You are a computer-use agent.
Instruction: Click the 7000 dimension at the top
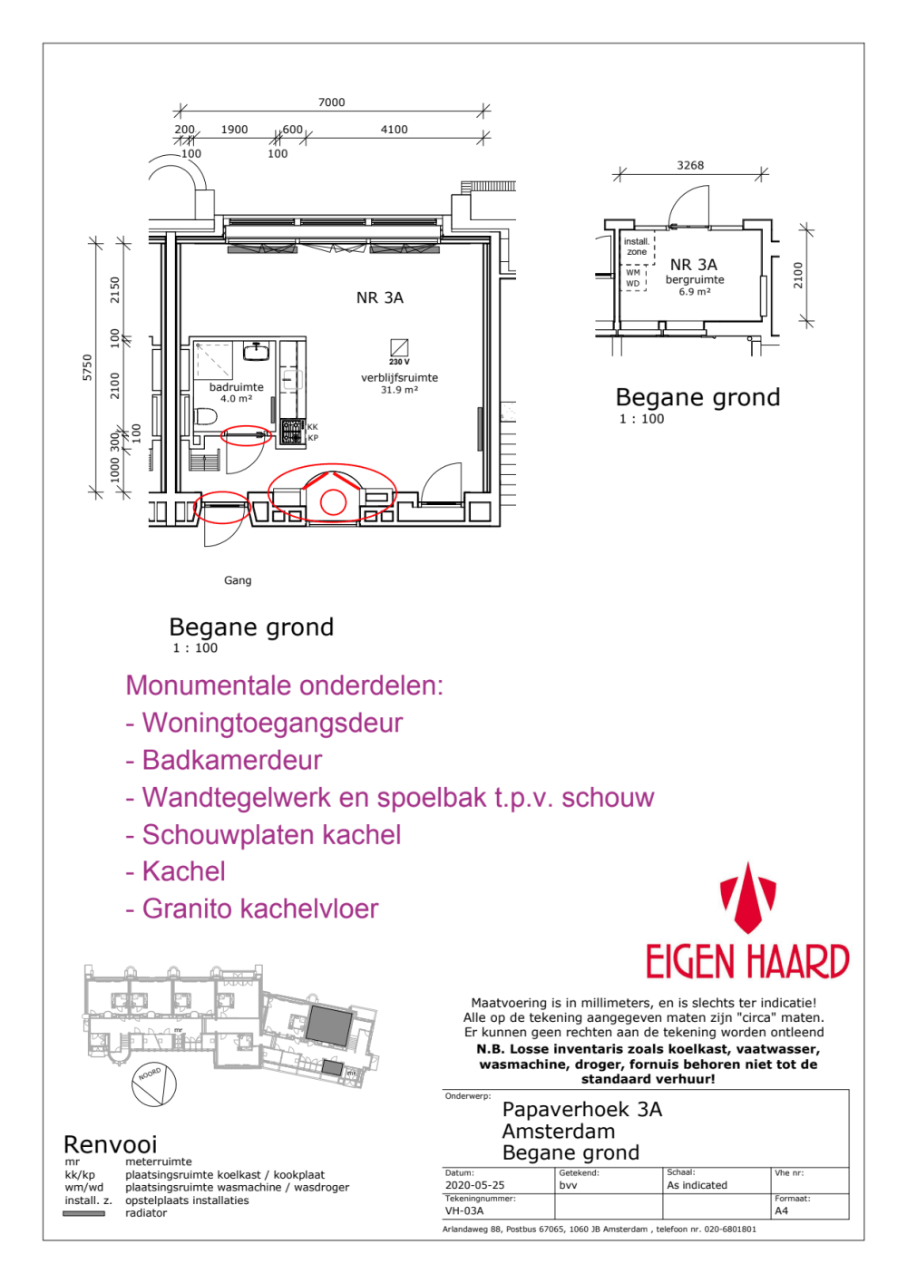coord(331,102)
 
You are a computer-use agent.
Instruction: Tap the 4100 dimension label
coord(394,130)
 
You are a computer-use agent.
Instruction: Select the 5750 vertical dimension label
coord(87,367)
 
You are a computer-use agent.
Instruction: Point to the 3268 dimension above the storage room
coord(690,165)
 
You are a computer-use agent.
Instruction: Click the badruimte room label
coord(236,387)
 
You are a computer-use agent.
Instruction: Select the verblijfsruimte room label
coord(399,378)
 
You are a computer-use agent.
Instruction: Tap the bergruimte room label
coord(695,280)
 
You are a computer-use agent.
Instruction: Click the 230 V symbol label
coord(399,362)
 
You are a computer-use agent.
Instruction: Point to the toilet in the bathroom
coord(206,418)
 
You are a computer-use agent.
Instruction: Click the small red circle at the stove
coord(334,501)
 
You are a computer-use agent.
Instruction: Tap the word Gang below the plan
coord(238,580)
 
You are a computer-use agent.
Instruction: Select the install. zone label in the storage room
coord(637,247)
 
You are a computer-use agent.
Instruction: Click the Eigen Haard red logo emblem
coord(747,899)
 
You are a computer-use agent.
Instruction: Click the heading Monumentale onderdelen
coord(284,685)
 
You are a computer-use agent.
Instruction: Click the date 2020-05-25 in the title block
coord(474,1185)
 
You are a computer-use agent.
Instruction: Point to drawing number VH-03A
coord(464,1210)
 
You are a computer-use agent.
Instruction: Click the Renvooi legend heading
coord(111,1144)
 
